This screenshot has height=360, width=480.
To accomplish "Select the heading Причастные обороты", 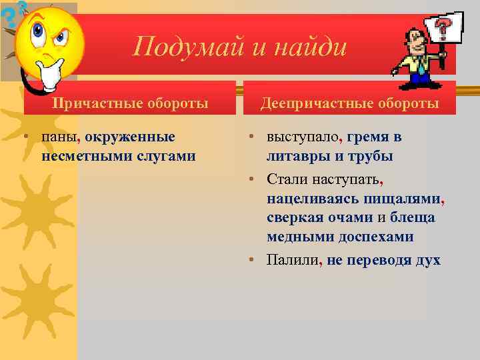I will pyautogui.click(x=131, y=103).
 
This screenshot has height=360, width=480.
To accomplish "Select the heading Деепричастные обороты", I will pyautogui.click(x=349, y=103).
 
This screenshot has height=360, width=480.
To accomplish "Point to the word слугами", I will pyautogui.click(x=165, y=156).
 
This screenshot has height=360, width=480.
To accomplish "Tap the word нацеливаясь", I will pyautogui.click(x=313, y=198).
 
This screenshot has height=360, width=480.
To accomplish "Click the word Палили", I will pyautogui.click(x=292, y=260).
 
